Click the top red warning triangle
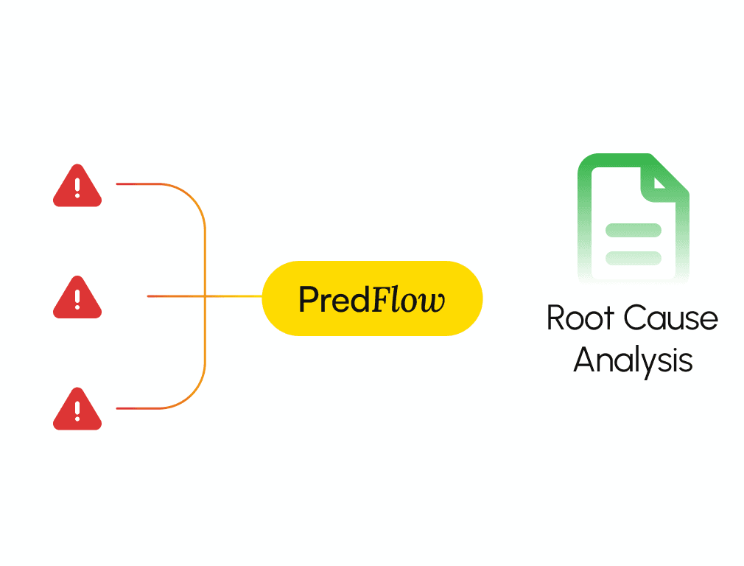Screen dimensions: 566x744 pos(77,188)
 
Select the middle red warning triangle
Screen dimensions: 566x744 pos(77,299)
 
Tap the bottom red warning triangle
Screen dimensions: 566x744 pos(77,411)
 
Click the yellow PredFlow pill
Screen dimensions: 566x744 pos(372,298)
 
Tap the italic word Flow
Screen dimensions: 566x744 pos(407,300)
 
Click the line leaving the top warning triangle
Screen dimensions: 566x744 pos(140,184)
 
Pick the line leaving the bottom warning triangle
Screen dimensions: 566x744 pos(140,408)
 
